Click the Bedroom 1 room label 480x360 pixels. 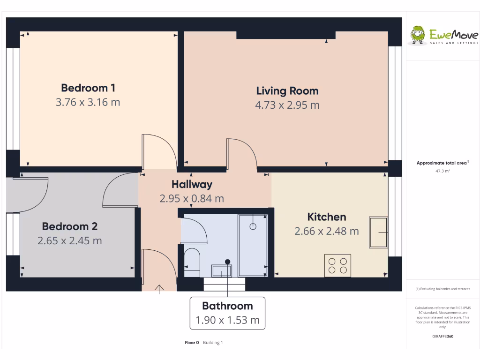coord(88,88)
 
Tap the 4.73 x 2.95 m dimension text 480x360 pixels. coord(287,105)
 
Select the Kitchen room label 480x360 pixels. coord(326,217)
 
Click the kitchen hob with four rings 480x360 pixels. coord(338,265)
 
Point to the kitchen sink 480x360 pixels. coord(378,232)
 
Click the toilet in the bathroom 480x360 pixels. coord(191,262)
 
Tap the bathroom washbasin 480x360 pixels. coord(221,270)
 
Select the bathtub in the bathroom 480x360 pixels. coord(253,245)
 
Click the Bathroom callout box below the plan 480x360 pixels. coord(227,313)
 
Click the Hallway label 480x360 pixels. coord(192,184)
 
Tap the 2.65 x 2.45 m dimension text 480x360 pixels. coord(69,241)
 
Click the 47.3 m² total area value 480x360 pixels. coord(442,171)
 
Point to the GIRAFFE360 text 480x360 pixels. coord(442,336)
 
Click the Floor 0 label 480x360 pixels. coord(192,343)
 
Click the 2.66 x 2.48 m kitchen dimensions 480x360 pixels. coord(326,231)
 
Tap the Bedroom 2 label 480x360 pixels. coord(69,226)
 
